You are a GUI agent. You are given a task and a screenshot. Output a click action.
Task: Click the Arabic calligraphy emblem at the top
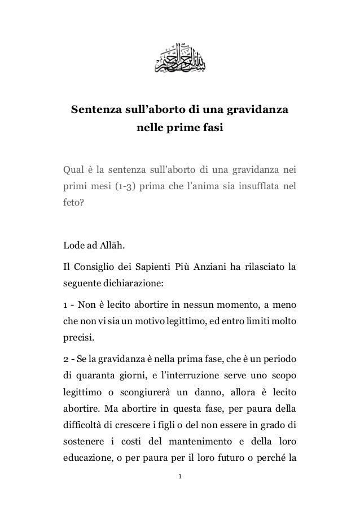pyautogui.click(x=179, y=57)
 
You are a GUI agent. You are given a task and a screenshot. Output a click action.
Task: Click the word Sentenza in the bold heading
pyautogui.click(x=94, y=108)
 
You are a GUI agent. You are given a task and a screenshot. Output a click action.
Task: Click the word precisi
pyautogui.click(x=78, y=340)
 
